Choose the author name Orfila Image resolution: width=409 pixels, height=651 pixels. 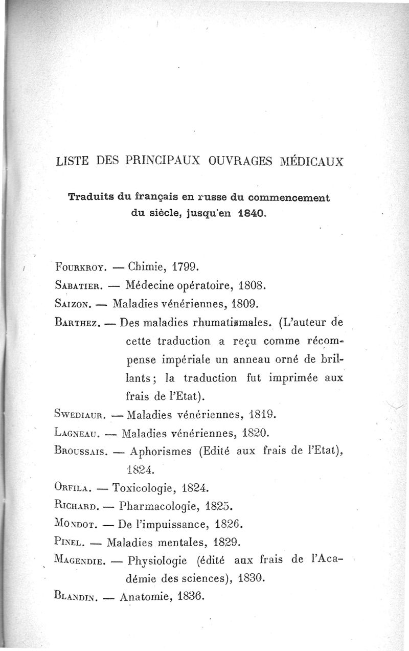(71, 488)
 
